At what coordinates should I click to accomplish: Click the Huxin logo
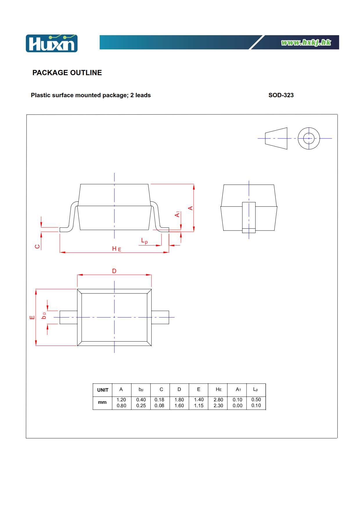coord(52,43)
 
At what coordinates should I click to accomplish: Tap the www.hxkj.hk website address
coord(306,43)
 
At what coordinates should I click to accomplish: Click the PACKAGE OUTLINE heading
coord(67,73)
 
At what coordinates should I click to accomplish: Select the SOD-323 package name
coord(281,95)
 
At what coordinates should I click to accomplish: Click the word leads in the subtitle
coord(143,95)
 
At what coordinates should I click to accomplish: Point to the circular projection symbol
coord(309,138)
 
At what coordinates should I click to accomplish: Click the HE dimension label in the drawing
coord(117,249)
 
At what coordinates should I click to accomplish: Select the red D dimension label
coord(114,271)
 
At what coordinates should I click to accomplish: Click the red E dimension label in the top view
coord(32,317)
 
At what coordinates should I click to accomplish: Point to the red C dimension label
coord(37,246)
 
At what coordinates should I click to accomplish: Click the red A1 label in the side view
coord(177,214)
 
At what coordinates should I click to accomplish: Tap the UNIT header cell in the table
coord(103,390)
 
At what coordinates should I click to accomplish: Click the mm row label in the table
coord(102,402)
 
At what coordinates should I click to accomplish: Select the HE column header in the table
coord(219,389)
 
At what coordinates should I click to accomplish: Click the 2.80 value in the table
coord(218,400)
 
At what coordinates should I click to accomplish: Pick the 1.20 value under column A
coord(121,400)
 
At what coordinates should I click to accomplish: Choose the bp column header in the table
coord(141,389)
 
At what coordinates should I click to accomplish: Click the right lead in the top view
coord(160,317)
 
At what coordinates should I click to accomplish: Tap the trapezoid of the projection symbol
coord(276,138)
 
